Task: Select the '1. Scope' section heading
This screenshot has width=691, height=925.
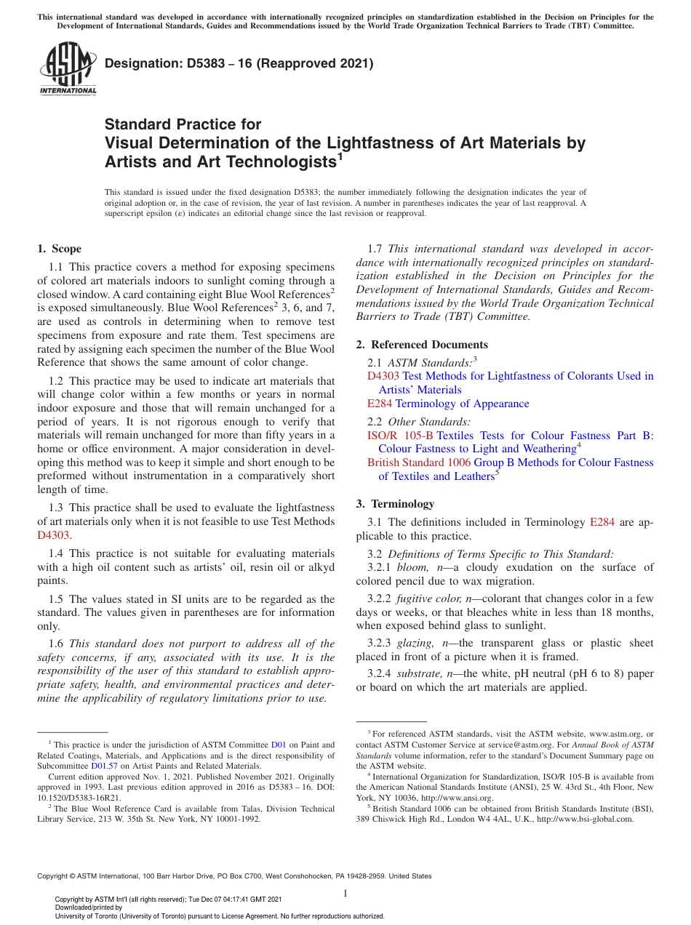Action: click(60, 249)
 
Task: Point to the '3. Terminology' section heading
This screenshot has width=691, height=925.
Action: click(405, 503)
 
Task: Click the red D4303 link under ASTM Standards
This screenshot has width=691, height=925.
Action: click(383, 376)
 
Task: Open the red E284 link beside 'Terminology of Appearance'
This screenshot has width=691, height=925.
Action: click(379, 404)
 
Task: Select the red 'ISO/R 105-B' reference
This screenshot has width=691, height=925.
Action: click(400, 435)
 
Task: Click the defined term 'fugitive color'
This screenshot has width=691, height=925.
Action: click(428, 598)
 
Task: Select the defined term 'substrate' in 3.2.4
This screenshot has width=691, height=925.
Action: click(418, 674)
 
